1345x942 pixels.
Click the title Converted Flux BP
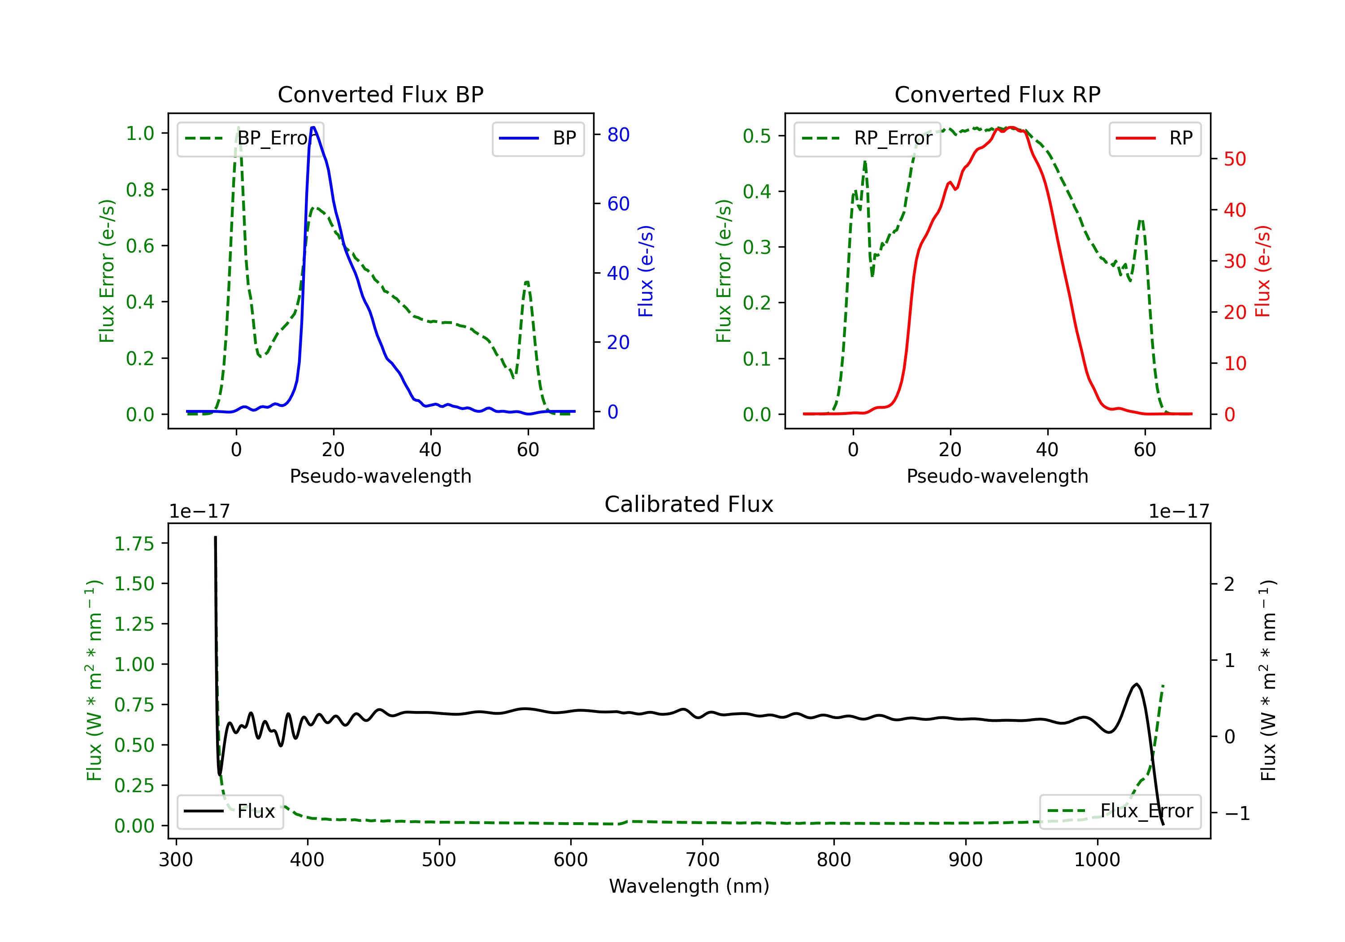[x=380, y=94]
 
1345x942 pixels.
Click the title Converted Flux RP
[x=997, y=94]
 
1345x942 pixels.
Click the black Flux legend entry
[x=230, y=811]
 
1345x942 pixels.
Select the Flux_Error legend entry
[x=1120, y=811]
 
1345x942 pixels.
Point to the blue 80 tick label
[x=618, y=135]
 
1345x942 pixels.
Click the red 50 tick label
[x=1234, y=159]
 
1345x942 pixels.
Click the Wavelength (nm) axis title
[x=689, y=886]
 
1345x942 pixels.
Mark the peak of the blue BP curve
[x=313, y=127]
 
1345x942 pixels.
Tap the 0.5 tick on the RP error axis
[x=756, y=136]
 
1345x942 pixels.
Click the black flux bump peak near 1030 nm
[x=1137, y=684]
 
